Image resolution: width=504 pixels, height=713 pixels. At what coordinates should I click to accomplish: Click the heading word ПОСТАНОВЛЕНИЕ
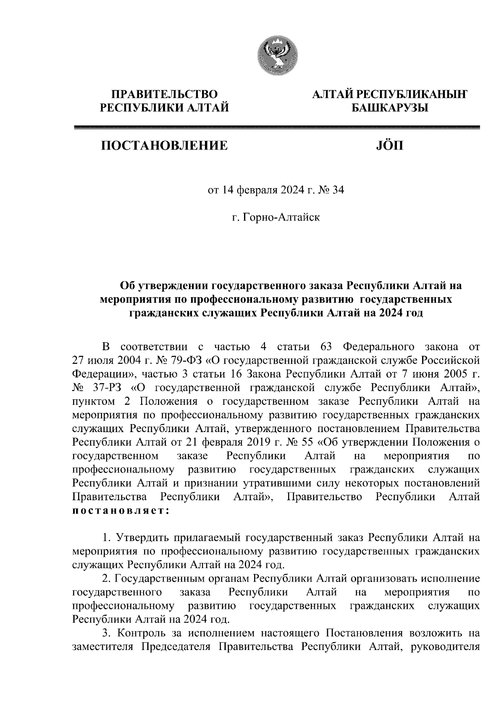[x=164, y=146]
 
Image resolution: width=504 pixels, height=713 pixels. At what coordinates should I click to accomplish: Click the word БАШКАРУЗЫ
[x=389, y=109]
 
